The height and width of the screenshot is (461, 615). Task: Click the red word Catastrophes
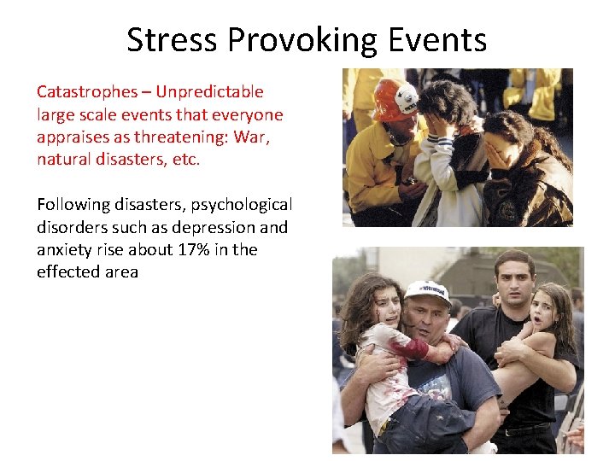[85, 92]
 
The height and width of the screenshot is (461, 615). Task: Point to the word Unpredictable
[208, 92]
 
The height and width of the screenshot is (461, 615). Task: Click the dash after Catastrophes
[142, 92]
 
